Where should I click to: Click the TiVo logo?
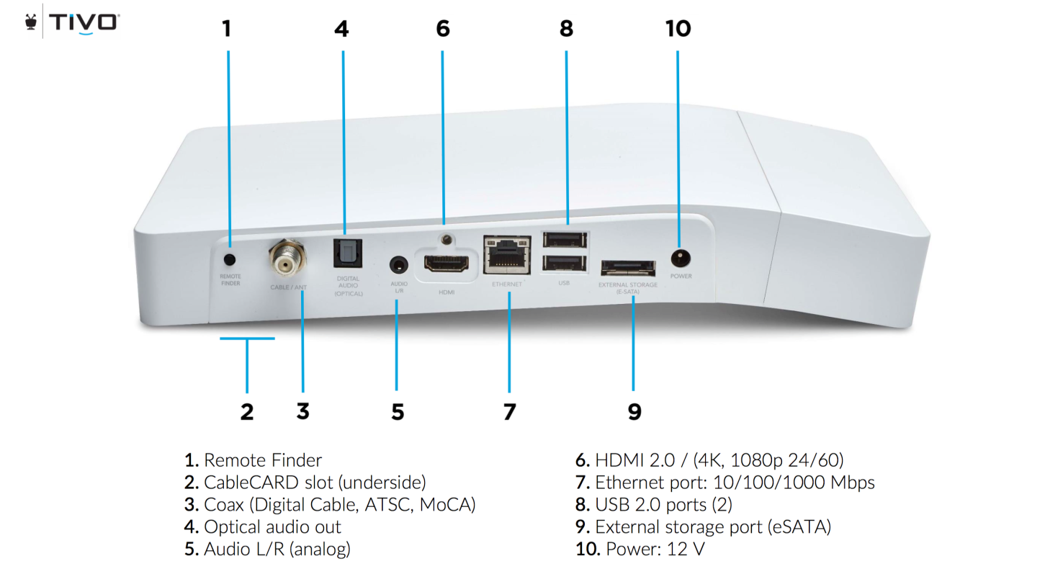[72, 22]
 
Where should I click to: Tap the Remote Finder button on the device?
[230, 259]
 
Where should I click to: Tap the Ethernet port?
[507, 256]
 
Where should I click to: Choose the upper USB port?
[564, 241]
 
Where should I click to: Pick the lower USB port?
[564, 264]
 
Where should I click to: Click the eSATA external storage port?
[628, 268]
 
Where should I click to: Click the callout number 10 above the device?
[678, 29]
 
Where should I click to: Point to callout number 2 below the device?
[247, 412]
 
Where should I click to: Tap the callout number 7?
[509, 412]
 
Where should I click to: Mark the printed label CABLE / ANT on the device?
[288, 287]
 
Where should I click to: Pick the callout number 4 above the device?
[341, 29]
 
